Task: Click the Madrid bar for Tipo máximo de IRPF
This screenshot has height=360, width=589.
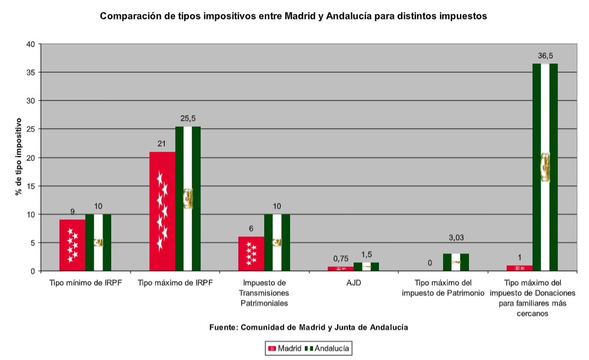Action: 162,211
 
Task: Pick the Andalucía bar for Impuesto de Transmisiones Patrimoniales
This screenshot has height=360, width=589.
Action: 277,242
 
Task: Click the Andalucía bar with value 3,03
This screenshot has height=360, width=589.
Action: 455,262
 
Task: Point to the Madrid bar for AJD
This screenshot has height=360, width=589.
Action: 341,269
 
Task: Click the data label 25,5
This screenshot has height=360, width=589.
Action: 188,119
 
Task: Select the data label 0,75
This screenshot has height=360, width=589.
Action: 341,258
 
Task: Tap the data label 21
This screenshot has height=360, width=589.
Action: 162,144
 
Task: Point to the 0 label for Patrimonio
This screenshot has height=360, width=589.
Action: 430,263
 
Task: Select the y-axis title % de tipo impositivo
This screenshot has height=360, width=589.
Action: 19,157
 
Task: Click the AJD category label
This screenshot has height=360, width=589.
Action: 354,283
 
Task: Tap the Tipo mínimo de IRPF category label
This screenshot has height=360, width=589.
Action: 85,283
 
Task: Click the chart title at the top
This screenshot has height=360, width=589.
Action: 294,16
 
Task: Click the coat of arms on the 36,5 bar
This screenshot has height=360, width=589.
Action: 545,167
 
